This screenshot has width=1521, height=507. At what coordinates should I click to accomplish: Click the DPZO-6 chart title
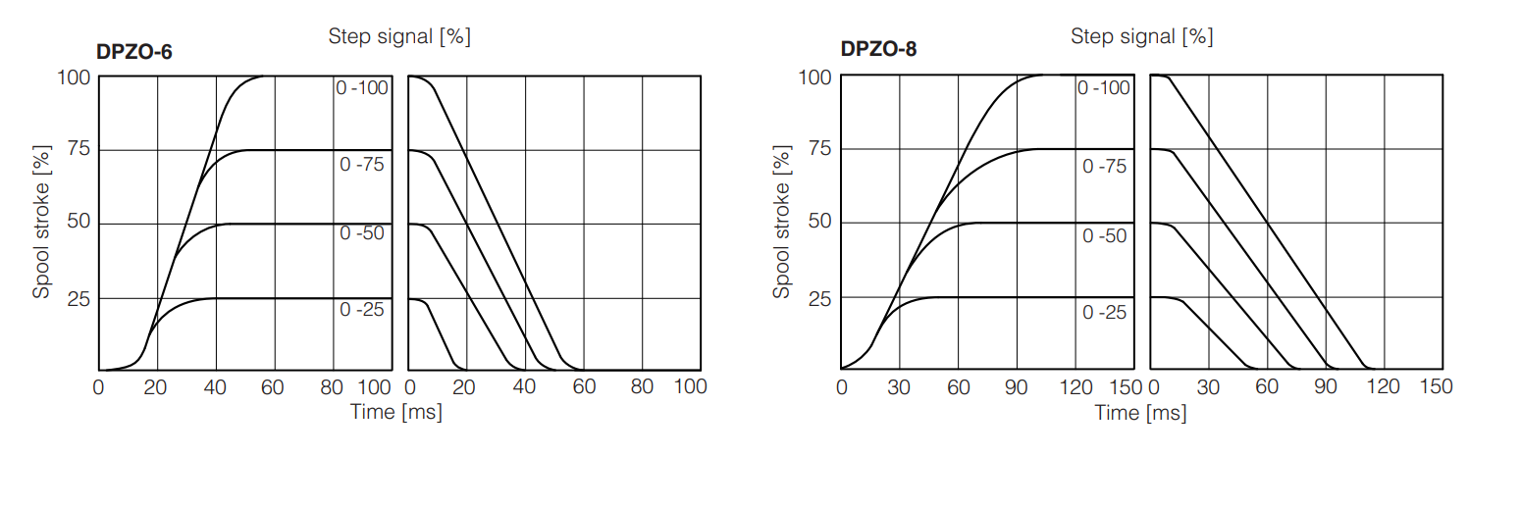click(134, 52)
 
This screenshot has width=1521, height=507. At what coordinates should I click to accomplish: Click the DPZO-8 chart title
click(878, 49)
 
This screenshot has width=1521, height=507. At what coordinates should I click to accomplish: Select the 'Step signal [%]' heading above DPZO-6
click(399, 37)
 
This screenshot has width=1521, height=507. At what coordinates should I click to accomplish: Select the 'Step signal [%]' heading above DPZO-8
click(1141, 37)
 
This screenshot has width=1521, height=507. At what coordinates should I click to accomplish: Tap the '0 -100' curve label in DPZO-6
click(362, 87)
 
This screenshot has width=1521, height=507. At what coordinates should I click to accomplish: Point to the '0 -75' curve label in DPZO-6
click(362, 165)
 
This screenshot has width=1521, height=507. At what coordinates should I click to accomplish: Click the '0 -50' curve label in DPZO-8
click(1104, 236)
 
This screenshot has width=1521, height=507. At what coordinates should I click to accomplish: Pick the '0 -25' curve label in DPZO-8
click(1104, 313)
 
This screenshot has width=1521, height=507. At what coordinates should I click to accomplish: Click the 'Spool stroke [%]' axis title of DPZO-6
click(41, 224)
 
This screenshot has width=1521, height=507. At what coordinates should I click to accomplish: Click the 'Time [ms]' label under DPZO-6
click(396, 412)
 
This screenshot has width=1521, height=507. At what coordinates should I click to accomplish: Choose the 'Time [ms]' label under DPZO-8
click(1140, 413)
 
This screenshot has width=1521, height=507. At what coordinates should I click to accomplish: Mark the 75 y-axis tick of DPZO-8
click(820, 149)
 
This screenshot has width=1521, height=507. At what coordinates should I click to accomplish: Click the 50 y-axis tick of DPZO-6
click(79, 223)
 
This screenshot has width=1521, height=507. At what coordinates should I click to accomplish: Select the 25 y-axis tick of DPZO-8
click(820, 297)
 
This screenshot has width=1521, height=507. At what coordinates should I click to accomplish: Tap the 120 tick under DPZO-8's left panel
click(1076, 387)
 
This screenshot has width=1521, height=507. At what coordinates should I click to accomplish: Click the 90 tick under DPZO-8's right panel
click(1326, 387)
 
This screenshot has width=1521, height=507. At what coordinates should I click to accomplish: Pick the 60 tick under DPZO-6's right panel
click(584, 387)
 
